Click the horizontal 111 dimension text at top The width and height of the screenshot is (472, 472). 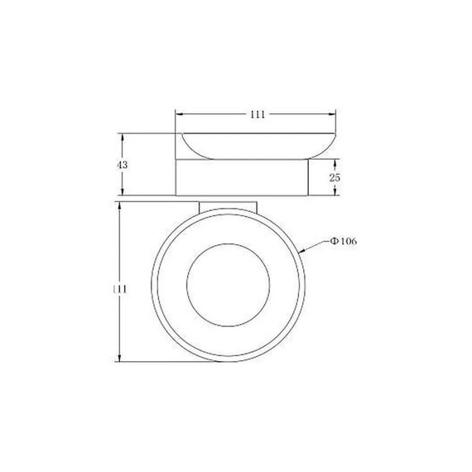coord(257,115)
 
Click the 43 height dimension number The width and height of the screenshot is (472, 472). coord(123,166)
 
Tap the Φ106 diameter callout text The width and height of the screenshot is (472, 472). coord(342,241)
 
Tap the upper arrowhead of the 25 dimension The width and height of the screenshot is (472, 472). coord(335,164)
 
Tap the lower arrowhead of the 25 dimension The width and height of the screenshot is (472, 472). coord(335,192)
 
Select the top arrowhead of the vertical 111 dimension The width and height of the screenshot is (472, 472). coord(123,203)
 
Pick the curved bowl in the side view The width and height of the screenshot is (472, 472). coord(256,146)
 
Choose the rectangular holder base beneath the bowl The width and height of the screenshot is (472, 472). coord(242,178)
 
